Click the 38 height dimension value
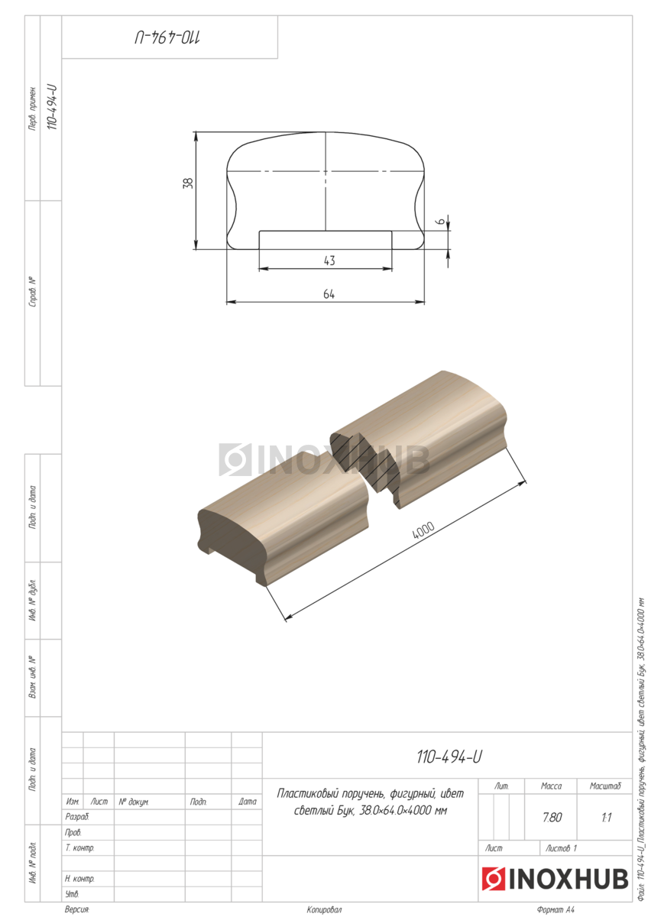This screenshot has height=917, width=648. [188, 183]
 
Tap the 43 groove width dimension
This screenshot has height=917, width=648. [329, 261]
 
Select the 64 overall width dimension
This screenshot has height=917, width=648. [329, 294]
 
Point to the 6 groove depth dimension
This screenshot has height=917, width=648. [440, 221]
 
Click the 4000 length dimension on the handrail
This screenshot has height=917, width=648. [423, 530]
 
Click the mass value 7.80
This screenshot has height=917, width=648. [552, 817]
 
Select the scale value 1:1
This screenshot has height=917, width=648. [606, 818]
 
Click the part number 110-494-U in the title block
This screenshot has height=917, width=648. [449, 757]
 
